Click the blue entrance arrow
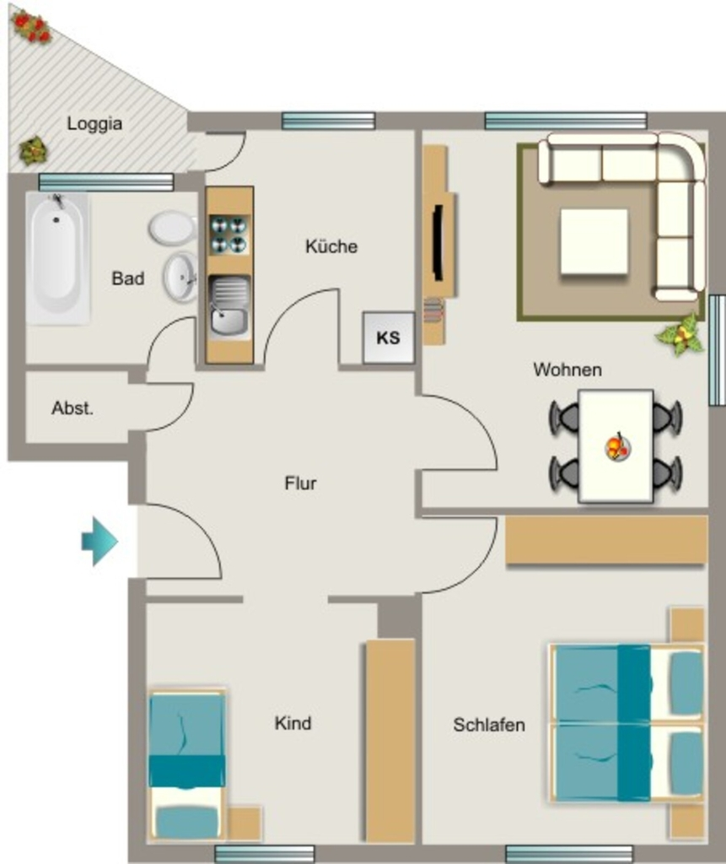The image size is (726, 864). pyautogui.click(x=99, y=542)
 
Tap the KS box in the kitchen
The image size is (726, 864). pyautogui.click(x=389, y=337)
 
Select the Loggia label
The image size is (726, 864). pyautogui.click(x=94, y=123)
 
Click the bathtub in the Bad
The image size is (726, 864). pyautogui.click(x=58, y=258)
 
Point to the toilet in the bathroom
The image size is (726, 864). pyautogui.click(x=172, y=228)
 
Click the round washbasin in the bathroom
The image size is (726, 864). pyautogui.click(x=180, y=277)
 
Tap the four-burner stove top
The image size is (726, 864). pyautogui.click(x=229, y=235)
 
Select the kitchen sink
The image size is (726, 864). pyautogui.click(x=229, y=306)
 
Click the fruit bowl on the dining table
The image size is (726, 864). pyautogui.click(x=617, y=447)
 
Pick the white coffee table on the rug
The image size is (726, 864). pyautogui.click(x=594, y=242)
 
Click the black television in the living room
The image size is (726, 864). pyautogui.click(x=438, y=242)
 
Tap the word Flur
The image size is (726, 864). pyautogui.click(x=301, y=483)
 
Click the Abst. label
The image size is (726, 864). pyautogui.click(x=73, y=408)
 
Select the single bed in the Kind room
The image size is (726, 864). pyautogui.click(x=187, y=765)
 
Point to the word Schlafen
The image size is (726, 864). pyautogui.click(x=489, y=725)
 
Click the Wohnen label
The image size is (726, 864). pyautogui.click(x=567, y=370)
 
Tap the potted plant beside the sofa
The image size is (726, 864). pyautogui.click(x=680, y=334)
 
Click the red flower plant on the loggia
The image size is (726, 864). pyautogui.click(x=32, y=28)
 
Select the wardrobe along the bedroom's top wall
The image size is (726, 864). pyautogui.click(x=606, y=540)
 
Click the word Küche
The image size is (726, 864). pyautogui.click(x=331, y=246)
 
